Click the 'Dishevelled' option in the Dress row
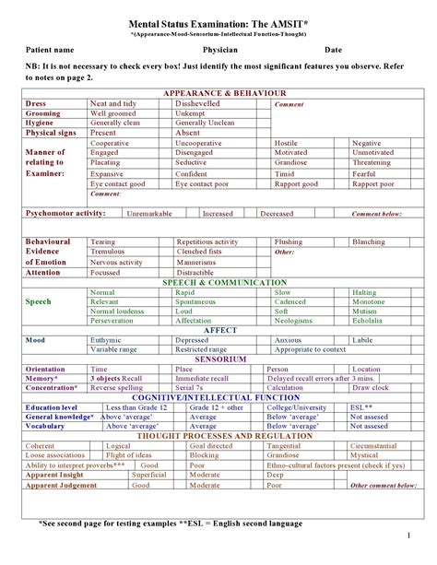point(202,105)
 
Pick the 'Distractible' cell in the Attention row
point(195,273)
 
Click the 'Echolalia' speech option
point(369,321)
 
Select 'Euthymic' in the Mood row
point(109,340)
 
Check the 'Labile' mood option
point(364,340)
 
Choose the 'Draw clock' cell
point(370,388)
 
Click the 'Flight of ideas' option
point(130,454)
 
